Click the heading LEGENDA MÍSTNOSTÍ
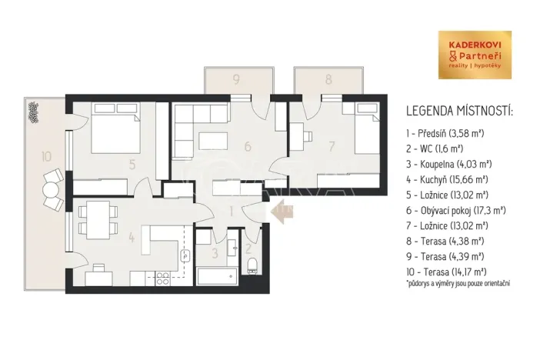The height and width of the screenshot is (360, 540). pos(458,112)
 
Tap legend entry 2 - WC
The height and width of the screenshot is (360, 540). pos(435,148)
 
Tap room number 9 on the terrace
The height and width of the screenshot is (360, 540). pos(237,78)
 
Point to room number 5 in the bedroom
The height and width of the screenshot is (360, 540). pos(132,163)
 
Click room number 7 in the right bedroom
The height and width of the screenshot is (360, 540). pos(332,145)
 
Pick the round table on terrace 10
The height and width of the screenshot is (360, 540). pos(51,189)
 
